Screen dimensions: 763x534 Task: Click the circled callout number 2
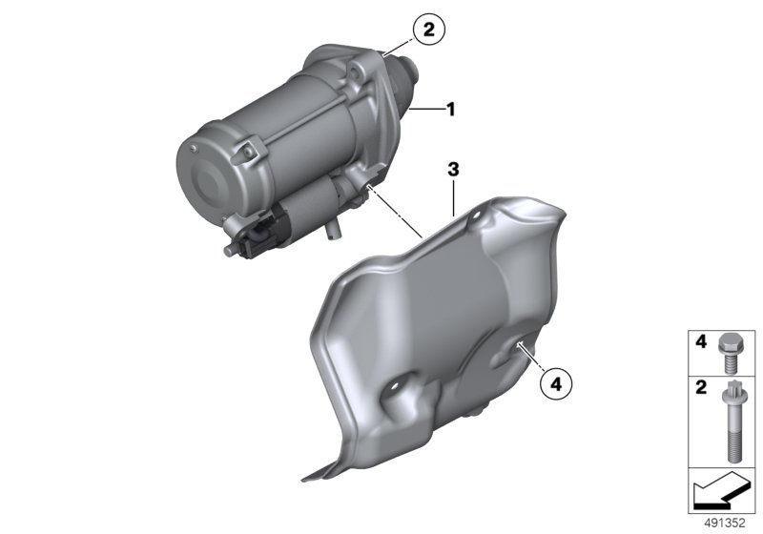click(428, 31)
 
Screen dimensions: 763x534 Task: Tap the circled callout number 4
click(556, 384)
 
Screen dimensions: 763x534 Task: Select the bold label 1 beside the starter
click(451, 110)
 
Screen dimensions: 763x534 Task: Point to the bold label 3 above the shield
click(453, 170)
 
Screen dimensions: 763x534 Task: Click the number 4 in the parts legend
click(701, 342)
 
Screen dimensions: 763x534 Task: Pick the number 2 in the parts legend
click(701, 387)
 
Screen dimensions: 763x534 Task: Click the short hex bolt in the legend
click(729, 353)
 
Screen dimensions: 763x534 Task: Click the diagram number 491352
click(725, 524)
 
